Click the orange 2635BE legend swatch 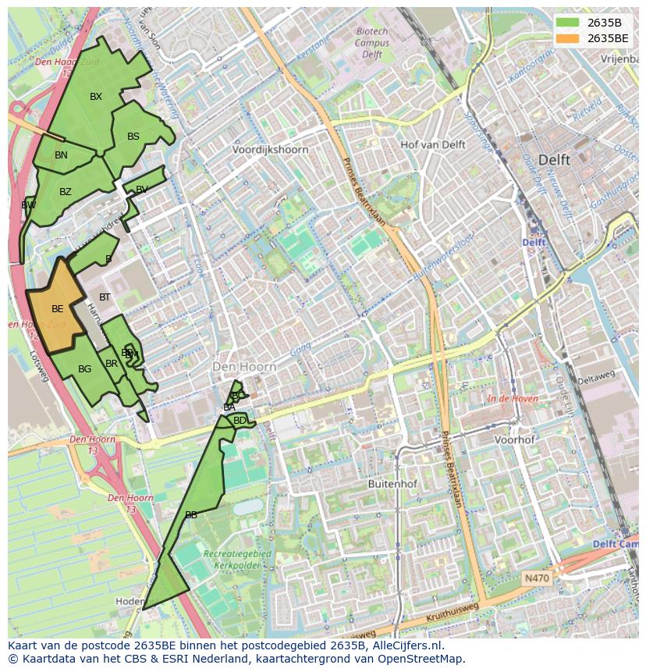coord(567,38)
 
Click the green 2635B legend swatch coord(567,23)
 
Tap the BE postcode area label coord(57,309)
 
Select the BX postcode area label coord(96,97)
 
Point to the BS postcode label coord(133,137)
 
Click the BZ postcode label coord(66,192)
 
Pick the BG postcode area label coord(85,369)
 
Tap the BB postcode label coord(191,515)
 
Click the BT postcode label coord(105,297)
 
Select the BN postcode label coord(61,155)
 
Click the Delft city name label coord(554,159)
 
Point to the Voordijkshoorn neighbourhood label coord(271,149)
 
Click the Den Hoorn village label coord(245,366)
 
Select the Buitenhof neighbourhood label coord(392,484)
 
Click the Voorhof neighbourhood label coord(515,439)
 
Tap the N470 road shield coord(536,578)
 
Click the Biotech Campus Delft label coord(372,43)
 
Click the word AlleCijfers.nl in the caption coord(405,645)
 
